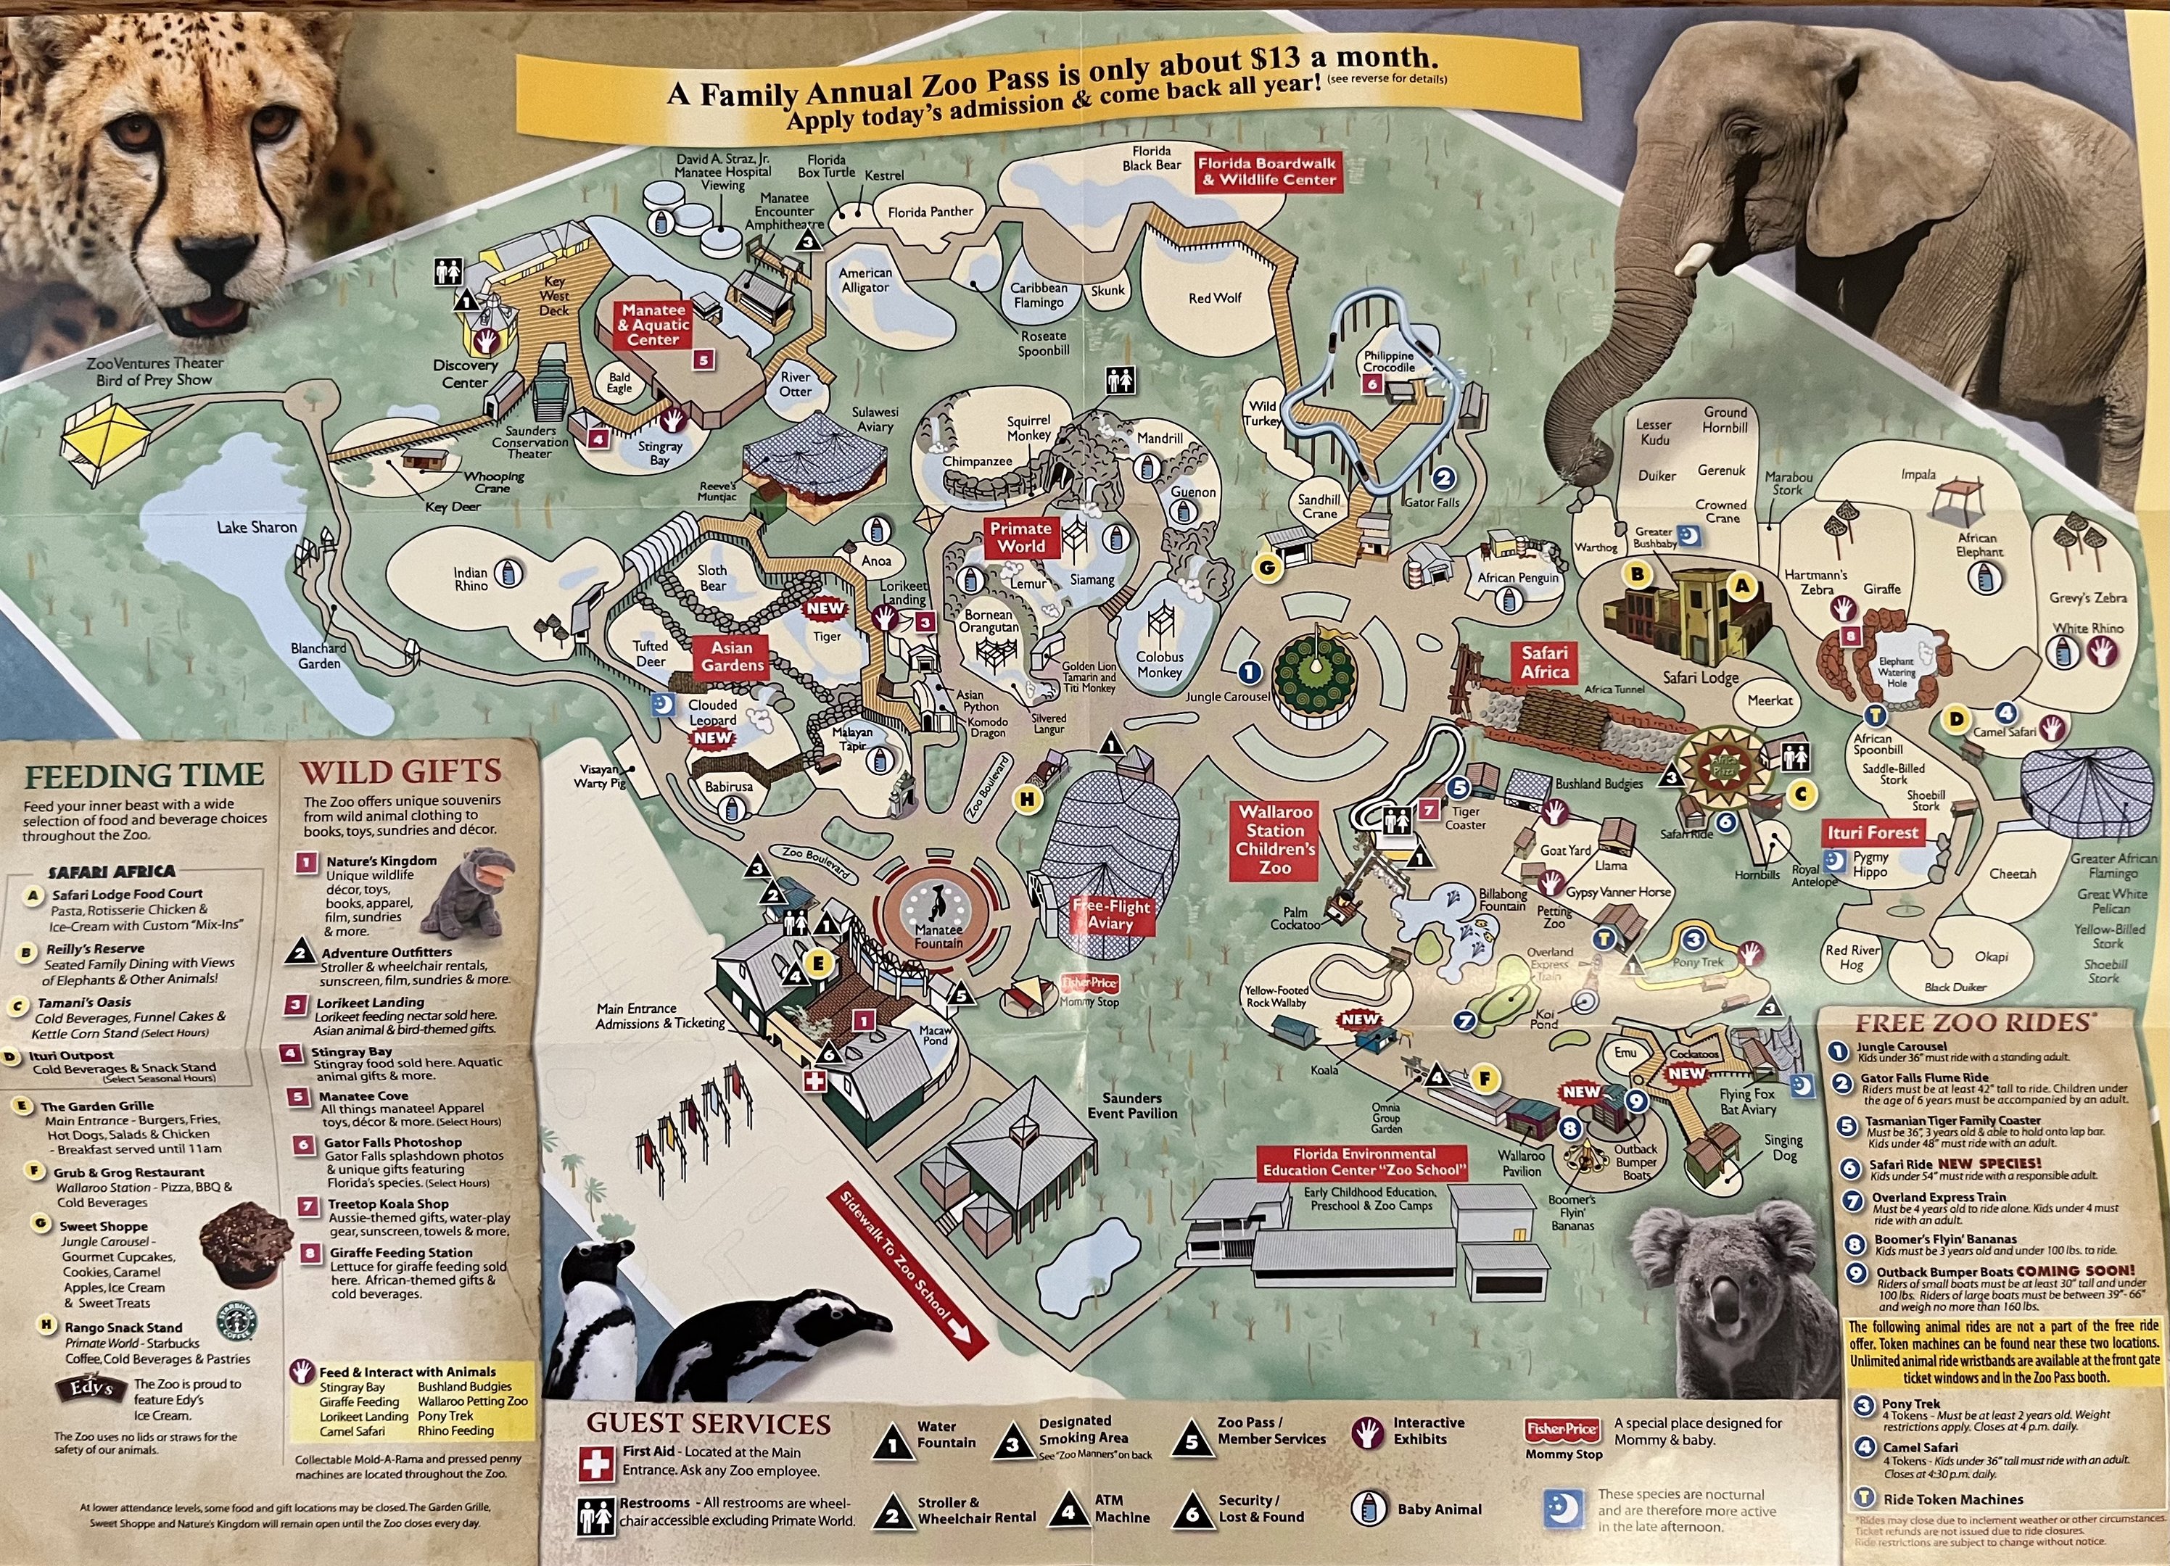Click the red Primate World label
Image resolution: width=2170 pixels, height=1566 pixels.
(1021, 538)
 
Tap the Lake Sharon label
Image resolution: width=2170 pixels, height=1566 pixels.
(257, 527)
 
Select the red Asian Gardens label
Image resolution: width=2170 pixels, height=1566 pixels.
(732, 655)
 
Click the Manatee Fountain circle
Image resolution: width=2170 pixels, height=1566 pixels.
(938, 913)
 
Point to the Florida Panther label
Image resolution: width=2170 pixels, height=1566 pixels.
(930, 212)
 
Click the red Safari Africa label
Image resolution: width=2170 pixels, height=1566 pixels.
(1544, 662)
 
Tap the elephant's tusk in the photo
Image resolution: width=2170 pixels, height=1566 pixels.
(1693, 257)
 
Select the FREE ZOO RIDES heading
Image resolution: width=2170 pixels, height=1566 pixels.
(1973, 1022)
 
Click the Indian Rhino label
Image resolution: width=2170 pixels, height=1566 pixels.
(470, 579)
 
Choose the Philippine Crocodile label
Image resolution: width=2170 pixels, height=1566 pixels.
(1388, 362)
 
